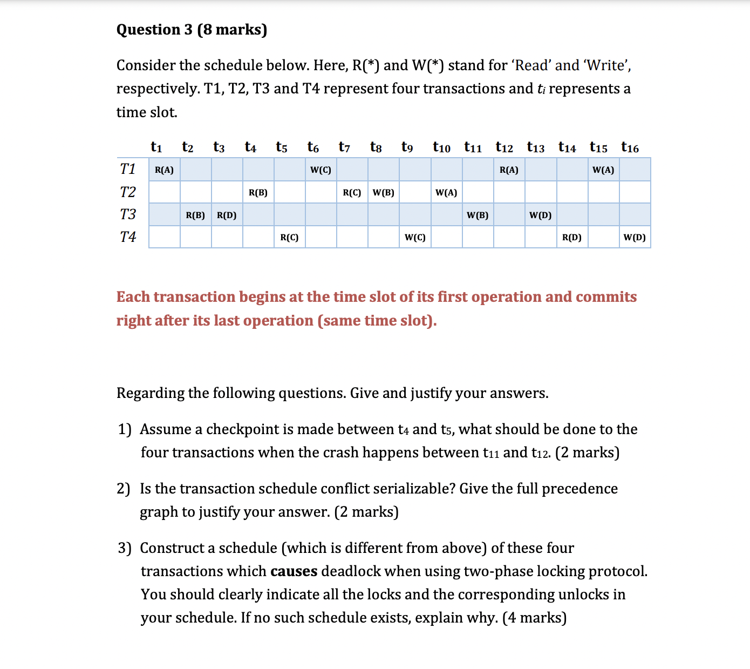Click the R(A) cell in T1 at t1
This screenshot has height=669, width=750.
tap(164, 170)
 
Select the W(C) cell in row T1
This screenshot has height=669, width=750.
tap(321, 170)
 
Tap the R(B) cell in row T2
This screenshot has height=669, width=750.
tap(258, 193)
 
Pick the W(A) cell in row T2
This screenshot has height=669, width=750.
tap(446, 193)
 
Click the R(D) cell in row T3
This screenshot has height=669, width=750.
tap(227, 215)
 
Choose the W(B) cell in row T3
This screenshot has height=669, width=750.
tap(478, 215)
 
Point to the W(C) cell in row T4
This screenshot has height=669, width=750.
tap(415, 238)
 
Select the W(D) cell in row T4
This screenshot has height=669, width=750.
tap(635, 238)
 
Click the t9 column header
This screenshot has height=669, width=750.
tap(407, 147)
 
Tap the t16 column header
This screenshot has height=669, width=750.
tap(630, 147)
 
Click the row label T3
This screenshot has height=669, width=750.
tap(128, 214)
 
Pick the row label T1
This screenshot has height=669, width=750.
tap(128, 169)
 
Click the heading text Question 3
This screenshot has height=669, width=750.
tap(154, 29)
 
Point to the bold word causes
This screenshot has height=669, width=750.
tap(294, 571)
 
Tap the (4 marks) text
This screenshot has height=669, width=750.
tap(534, 618)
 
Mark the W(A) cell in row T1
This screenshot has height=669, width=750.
tap(603, 170)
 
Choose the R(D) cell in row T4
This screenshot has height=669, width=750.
tap(572, 238)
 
